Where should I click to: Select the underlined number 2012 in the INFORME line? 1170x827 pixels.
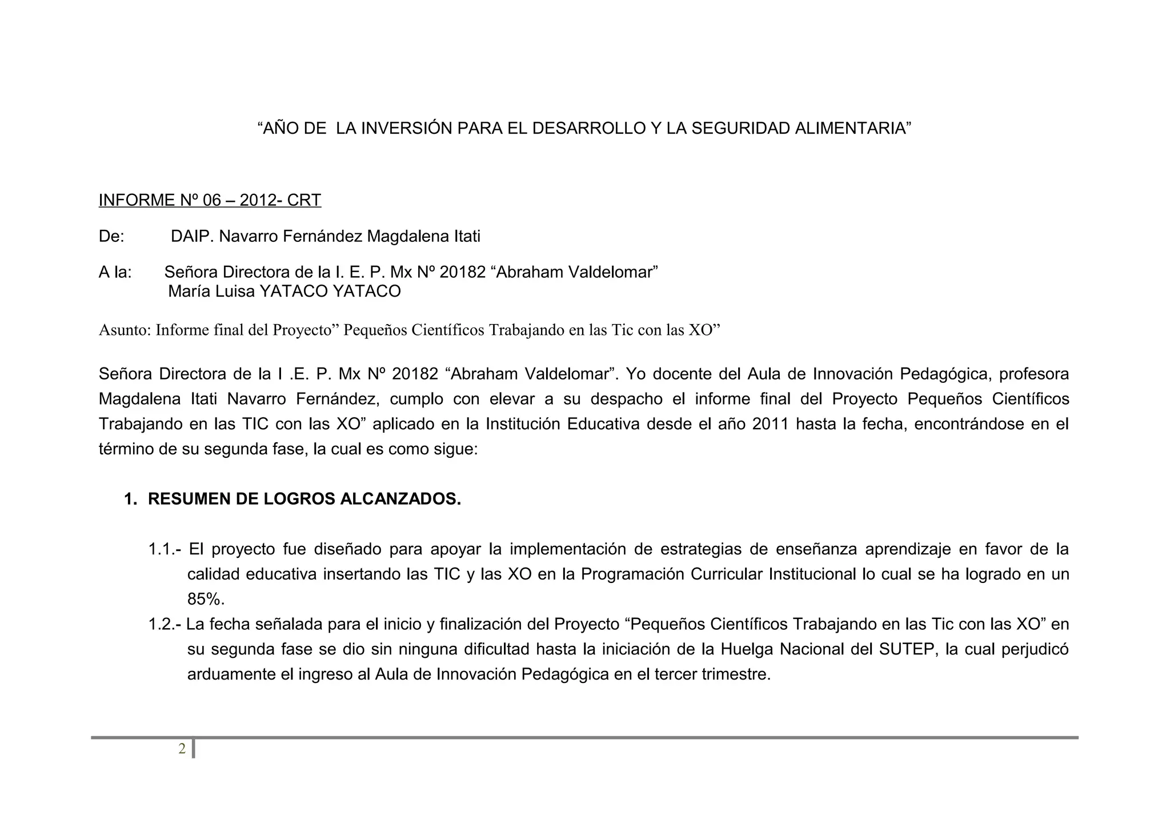(257, 200)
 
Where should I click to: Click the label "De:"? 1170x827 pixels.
(111, 236)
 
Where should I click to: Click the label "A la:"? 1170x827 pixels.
(115, 272)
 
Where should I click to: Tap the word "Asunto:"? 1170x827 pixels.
(125, 330)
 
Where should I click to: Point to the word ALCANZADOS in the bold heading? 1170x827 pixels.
(400, 499)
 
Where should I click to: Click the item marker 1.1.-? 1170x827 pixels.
(165, 549)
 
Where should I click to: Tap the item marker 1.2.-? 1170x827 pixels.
(165, 624)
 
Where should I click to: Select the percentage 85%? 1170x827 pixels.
(206, 599)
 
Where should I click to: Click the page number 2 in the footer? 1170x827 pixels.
(182, 749)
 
